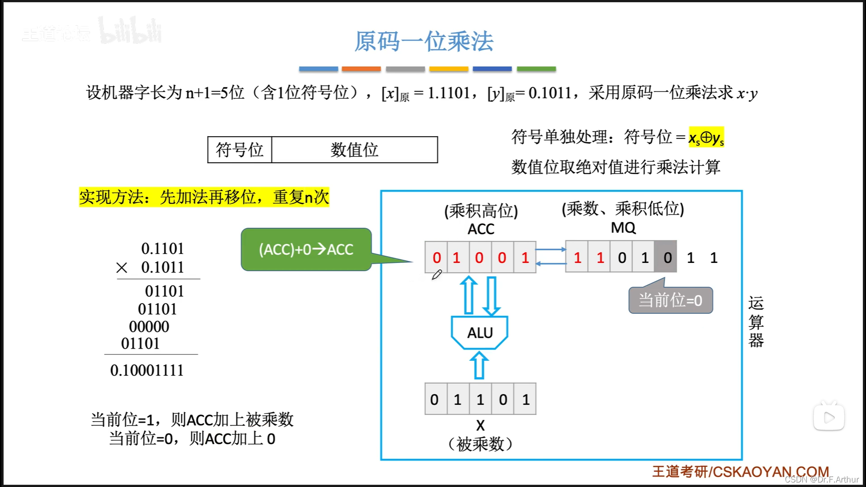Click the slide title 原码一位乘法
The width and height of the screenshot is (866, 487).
pyautogui.click(x=424, y=41)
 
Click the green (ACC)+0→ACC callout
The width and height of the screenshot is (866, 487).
pyautogui.click(x=306, y=249)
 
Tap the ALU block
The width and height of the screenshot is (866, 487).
pyautogui.click(x=480, y=333)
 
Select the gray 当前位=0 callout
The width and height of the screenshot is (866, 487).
pyautogui.click(x=671, y=300)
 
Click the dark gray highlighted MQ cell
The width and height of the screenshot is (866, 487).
pyautogui.click(x=666, y=257)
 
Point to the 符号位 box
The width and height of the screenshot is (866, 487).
pyautogui.click(x=240, y=150)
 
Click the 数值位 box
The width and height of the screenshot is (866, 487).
pyautogui.click(x=355, y=150)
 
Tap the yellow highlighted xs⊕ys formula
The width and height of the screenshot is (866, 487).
pyautogui.click(x=706, y=137)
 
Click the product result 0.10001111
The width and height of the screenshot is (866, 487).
pyautogui.click(x=147, y=370)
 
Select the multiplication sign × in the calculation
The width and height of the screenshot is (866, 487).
pyautogui.click(x=121, y=268)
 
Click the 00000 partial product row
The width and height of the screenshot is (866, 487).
pyautogui.click(x=149, y=326)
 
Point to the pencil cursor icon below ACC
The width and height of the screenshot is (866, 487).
pyautogui.click(x=437, y=275)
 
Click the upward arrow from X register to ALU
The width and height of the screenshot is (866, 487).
pyautogui.click(x=479, y=365)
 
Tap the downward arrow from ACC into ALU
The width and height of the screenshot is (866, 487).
pyautogui.click(x=491, y=296)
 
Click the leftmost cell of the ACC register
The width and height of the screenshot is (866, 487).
pyautogui.click(x=436, y=257)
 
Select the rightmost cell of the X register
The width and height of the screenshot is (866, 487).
pyautogui.click(x=525, y=399)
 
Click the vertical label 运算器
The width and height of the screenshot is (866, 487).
pyautogui.click(x=756, y=322)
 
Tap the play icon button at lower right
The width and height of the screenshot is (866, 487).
pyautogui.click(x=829, y=418)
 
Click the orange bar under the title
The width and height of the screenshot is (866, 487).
pyautogui.click(x=361, y=69)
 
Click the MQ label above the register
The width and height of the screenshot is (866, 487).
pyautogui.click(x=623, y=228)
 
